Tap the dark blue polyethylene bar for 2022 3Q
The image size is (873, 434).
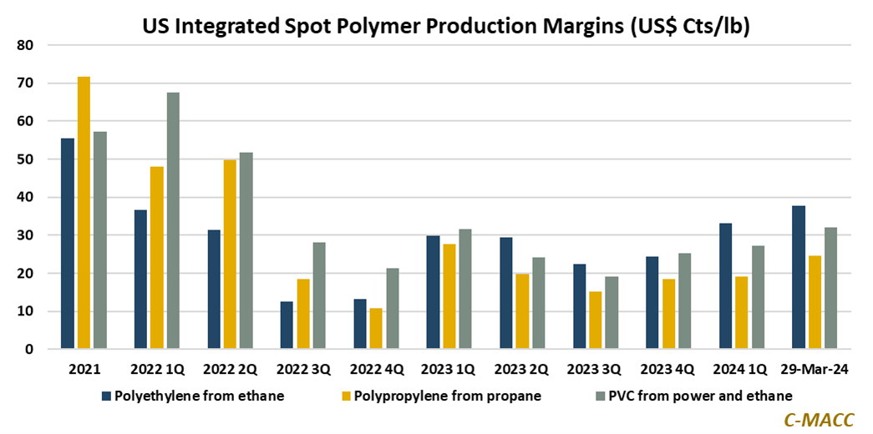[287, 325]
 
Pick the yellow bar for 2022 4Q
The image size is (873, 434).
[376, 329]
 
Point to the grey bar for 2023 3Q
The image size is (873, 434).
[612, 313]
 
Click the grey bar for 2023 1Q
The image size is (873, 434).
[465, 289]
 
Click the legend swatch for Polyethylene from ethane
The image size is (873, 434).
[106, 396]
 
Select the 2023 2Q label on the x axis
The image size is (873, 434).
[522, 369]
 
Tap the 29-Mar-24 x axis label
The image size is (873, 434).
[815, 369]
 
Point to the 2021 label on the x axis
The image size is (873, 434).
[84, 369]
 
